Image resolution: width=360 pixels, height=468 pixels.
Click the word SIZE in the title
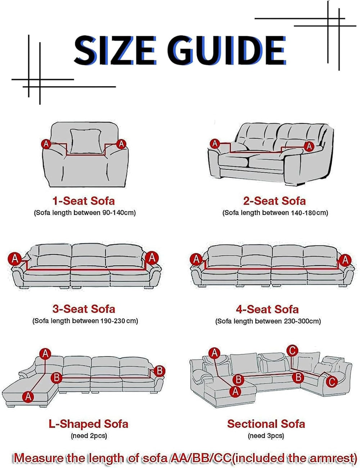(115, 50)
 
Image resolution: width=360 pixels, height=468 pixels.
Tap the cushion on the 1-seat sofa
(86, 141)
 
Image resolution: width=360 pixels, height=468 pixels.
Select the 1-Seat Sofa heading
(84, 201)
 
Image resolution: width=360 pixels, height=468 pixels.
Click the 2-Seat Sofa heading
(275, 201)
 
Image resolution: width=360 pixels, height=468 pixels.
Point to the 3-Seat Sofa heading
(84, 309)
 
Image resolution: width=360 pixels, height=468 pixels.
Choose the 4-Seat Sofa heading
(267, 309)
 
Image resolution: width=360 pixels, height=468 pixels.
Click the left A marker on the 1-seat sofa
(46, 144)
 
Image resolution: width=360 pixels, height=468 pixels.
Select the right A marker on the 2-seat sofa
(309, 146)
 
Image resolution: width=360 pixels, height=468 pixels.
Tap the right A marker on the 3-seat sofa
(152, 258)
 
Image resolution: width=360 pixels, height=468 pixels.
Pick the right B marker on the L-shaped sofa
(159, 371)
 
